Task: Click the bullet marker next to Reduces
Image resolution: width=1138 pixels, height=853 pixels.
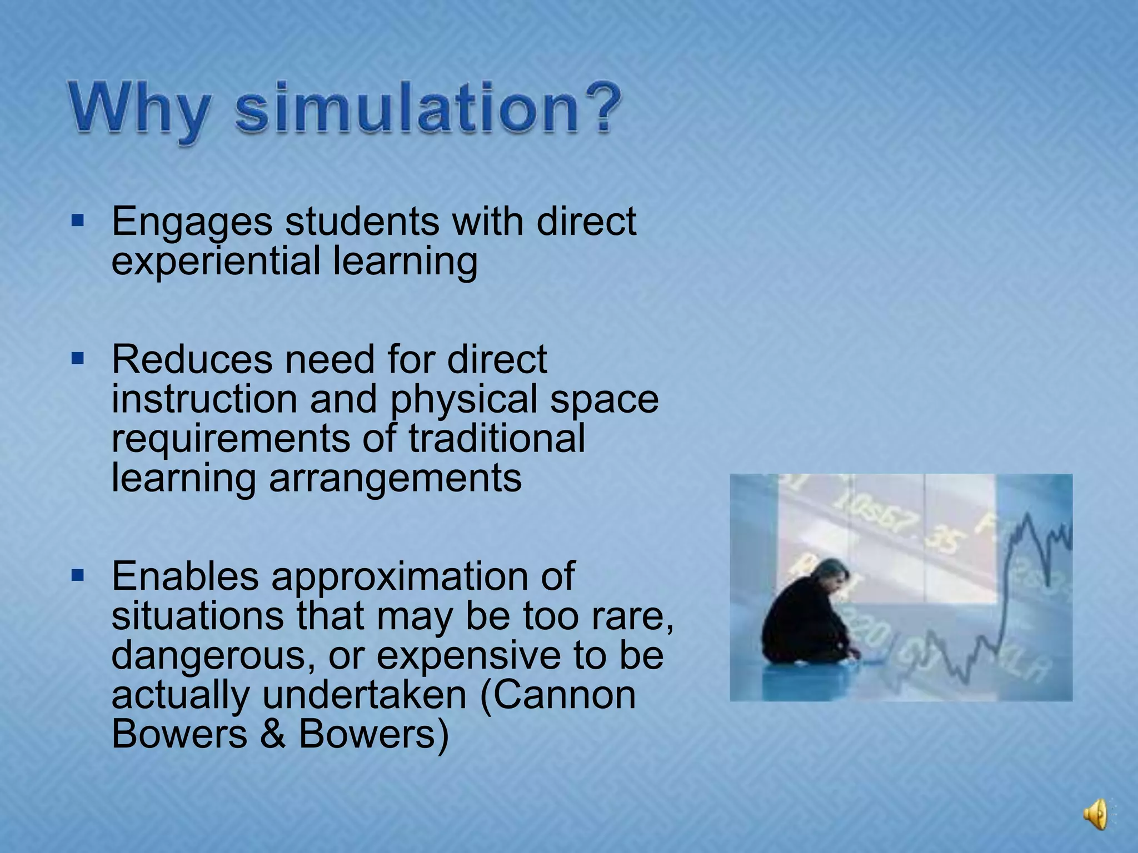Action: [x=78, y=360]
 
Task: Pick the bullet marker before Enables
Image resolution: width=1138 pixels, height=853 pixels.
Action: [x=78, y=576]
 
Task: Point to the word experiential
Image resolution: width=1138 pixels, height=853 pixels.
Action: [x=216, y=261]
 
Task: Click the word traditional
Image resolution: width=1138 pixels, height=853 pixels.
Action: [x=497, y=439]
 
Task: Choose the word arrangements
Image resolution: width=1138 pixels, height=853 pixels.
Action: [x=395, y=478]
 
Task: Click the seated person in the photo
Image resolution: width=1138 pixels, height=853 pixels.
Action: [x=806, y=616]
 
